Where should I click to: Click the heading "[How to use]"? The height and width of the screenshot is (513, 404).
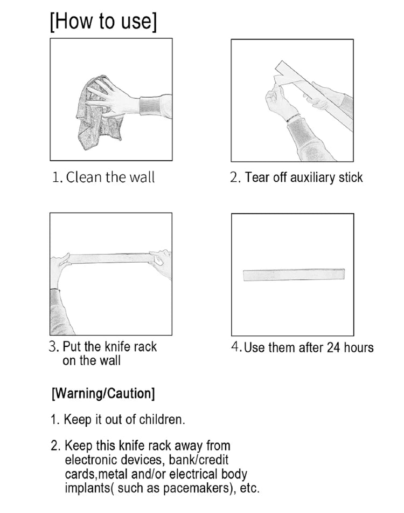coord(103,22)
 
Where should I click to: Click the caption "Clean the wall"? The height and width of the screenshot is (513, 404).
coord(110,177)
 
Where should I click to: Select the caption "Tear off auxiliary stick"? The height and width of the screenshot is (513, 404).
coord(304,177)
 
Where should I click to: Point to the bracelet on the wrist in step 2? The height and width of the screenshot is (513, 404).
coord(292,118)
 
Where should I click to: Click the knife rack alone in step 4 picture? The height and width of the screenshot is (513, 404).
coord(294,275)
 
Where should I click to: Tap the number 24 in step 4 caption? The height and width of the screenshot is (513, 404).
coord(333,347)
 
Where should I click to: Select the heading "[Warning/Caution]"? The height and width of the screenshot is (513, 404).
coord(103,393)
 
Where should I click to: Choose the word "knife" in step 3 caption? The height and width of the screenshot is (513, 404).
coord(118,346)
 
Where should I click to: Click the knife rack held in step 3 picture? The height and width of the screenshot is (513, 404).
coord(110,258)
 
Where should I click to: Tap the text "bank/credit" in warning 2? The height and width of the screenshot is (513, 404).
coord(199,460)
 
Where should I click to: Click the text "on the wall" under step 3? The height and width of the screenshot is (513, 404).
coord(92,360)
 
